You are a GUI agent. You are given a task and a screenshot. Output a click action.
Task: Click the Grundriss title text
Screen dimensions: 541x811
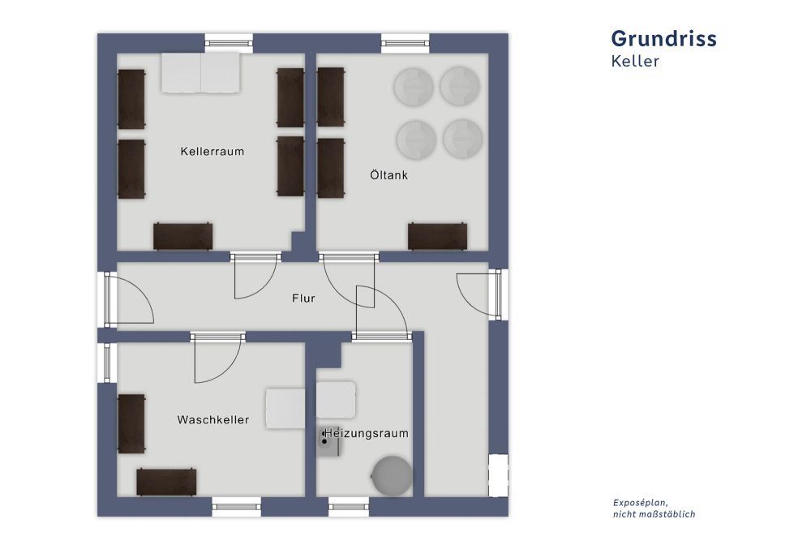[x=663, y=38]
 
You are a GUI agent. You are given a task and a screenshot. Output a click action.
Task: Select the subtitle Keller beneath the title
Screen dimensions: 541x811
[x=635, y=62]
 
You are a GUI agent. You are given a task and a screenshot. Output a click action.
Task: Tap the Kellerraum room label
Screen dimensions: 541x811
[x=212, y=152]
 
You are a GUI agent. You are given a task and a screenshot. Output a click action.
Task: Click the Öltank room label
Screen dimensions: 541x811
[x=388, y=174]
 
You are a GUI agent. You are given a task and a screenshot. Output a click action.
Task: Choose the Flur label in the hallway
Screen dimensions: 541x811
[x=303, y=298]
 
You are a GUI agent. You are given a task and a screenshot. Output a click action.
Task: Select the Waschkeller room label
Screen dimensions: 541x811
[x=212, y=420]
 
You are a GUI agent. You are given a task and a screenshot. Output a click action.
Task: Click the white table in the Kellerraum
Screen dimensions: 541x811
[x=200, y=73]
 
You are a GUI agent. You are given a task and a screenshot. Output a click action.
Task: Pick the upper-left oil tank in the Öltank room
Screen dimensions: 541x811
[x=414, y=85]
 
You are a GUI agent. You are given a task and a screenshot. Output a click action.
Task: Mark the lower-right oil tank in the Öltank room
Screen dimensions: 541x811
[x=463, y=139]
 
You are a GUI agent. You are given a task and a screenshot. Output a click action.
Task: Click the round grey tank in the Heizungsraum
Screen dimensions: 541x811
[x=391, y=474]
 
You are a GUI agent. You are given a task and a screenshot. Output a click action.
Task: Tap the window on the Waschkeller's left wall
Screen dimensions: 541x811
[x=107, y=362]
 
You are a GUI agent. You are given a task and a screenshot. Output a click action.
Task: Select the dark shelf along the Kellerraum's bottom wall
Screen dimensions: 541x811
[x=183, y=236]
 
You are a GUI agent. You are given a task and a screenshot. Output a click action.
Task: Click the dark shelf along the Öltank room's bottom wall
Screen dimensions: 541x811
[x=437, y=236]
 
